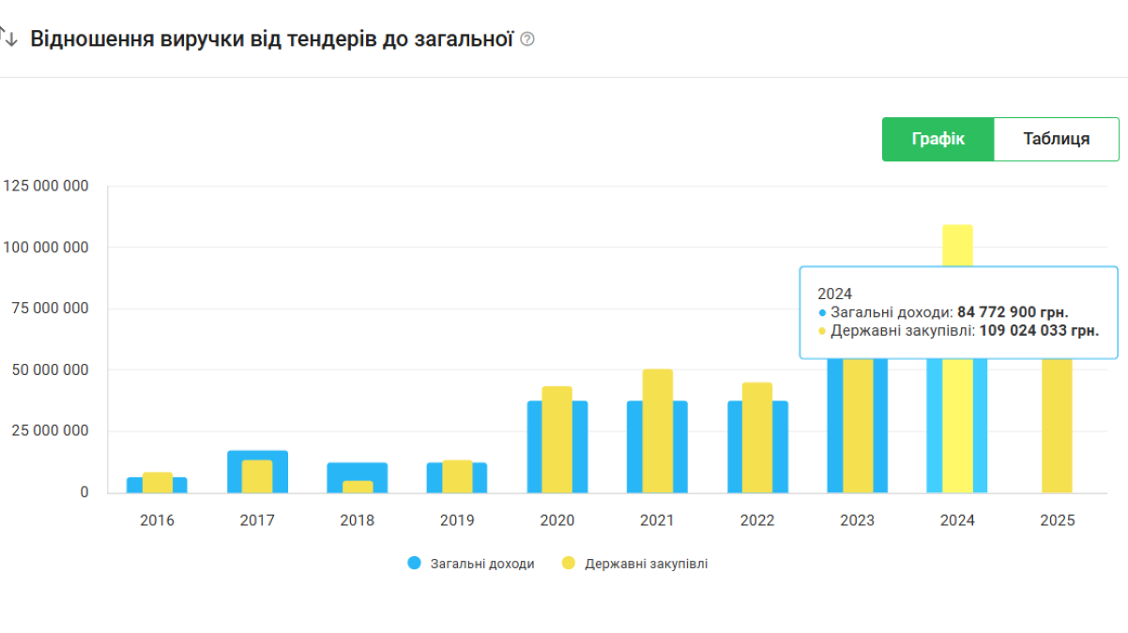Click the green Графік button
click(937, 139)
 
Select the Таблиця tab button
click(1056, 139)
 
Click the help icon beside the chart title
click(527, 39)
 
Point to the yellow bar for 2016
click(158, 482)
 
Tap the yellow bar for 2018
click(358, 487)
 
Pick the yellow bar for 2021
click(657, 430)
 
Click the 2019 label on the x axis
click(457, 520)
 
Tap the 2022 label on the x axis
click(757, 520)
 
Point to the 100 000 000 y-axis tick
click(46, 248)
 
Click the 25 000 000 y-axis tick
click(46, 431)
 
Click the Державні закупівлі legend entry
click(646, 564)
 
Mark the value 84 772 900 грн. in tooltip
click(1013, 312)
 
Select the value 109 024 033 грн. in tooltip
click(1039, 330)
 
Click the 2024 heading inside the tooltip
click(834, 294)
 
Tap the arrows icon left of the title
click(8, 38)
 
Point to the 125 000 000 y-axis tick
click(46, 187)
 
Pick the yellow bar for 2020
click(556, 439)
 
